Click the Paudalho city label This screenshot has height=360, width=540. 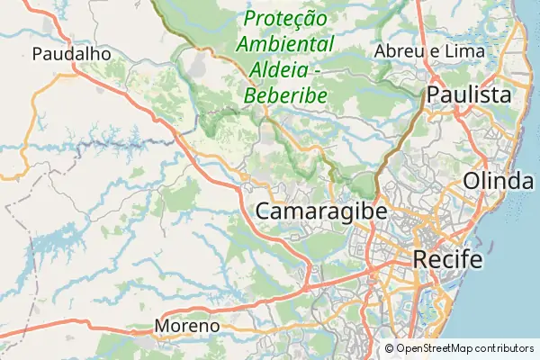[71, 54]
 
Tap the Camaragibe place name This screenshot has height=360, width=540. [321, 211]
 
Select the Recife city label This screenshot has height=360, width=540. [447, 260]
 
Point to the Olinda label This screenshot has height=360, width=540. [498, 181]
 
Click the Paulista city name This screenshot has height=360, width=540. [469, 94]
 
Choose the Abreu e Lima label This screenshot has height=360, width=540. [429, 51]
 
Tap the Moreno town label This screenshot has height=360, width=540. [186, 325]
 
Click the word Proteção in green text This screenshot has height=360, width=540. [285, 18]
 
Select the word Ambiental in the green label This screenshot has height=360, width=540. [285, 44]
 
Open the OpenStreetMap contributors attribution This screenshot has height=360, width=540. [459, 348]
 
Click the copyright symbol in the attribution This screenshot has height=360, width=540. [390, 348]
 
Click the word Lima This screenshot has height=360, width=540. [465, 51]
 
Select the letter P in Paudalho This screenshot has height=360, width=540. [37, 54]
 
